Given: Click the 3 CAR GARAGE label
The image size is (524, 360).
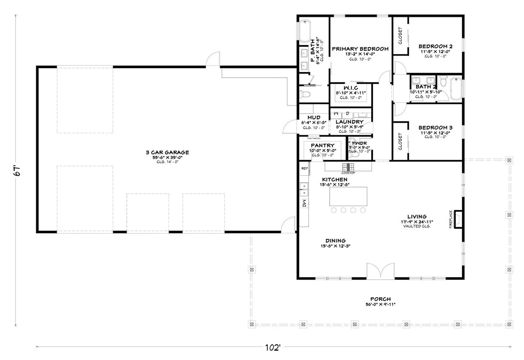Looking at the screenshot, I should click(x=167, y=152).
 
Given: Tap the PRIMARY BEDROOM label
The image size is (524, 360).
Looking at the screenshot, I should click(x=360, y=49).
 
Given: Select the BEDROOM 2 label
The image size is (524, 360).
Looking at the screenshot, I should click(x=435, y=46).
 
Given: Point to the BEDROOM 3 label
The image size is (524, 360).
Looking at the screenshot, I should click(x=435, y=127).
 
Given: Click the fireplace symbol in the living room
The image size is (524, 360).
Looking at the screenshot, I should click(x=458, y=219).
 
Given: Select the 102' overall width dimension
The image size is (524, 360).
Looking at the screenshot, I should click(x=272, y=347).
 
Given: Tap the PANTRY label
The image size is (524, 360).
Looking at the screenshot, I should click(x=322, y=145).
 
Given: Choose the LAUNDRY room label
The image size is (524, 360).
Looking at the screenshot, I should click(x=349, y=122).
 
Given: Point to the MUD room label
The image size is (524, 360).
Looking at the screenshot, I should click(x=314, y=118).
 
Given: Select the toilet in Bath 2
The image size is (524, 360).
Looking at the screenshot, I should click(x=443, y=82).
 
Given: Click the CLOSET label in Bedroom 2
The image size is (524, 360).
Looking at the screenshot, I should click(x=400, y=36).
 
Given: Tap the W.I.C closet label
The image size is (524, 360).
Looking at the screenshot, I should click(x=350, y=88).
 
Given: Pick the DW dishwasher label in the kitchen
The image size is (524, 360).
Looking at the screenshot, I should click(x=304, y=203).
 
